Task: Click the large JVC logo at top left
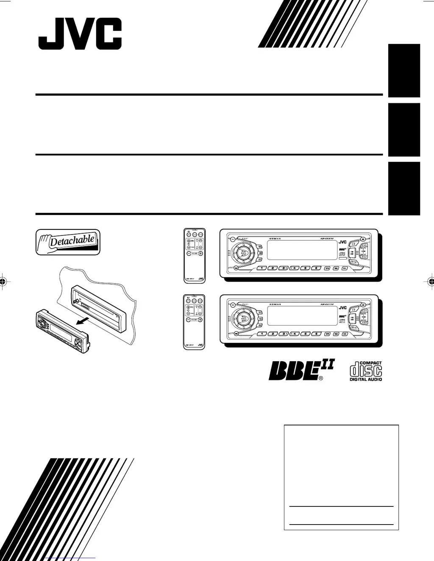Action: point(80,34)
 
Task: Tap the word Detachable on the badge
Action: point(72,241)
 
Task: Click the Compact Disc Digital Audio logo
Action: point(365,371)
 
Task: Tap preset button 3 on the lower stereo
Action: point(284,334)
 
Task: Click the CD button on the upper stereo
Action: point(354,245)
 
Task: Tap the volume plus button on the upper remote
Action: point(200,253)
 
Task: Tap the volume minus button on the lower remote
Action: point(188,320)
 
